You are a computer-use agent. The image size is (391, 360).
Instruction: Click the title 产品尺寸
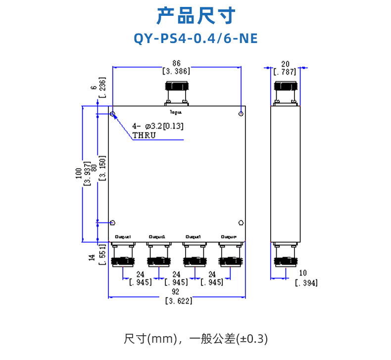195,16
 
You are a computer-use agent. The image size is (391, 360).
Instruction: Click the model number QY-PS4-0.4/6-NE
195,39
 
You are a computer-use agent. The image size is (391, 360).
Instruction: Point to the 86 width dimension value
176,63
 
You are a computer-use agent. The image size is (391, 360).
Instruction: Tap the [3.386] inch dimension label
176,71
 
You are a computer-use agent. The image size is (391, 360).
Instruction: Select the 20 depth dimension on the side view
285,63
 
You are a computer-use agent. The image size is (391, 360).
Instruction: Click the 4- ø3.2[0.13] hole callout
157,126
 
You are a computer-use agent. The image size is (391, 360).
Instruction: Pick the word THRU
144,135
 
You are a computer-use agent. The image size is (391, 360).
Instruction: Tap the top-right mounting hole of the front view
241,114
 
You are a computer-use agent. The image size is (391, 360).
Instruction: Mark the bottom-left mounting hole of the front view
113,223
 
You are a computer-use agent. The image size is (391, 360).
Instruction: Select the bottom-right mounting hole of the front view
241,223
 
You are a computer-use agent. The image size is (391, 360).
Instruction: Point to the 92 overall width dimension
176,293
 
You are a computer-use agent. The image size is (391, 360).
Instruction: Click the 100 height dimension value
78,174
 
